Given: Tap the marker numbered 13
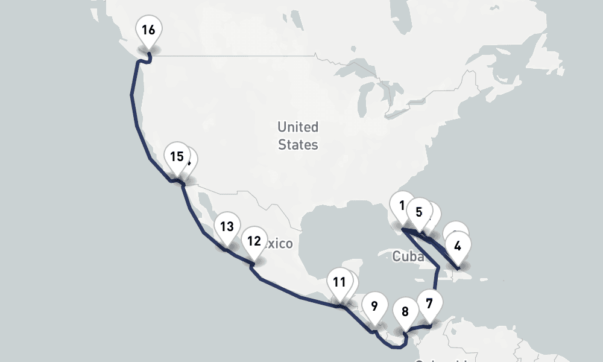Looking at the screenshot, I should pyautogui.click(x=227, y=227).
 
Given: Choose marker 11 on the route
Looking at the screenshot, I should pyautogui.click(x=339, y=282).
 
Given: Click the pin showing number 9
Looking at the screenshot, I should pyautogui.click(x=374, y=306).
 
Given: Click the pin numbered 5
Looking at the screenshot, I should pyautogui.click(x=419, y=212).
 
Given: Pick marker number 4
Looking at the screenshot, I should pyautogui.click(x=458, y=246).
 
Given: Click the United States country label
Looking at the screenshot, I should pyautogui.click(x=298, y=136).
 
